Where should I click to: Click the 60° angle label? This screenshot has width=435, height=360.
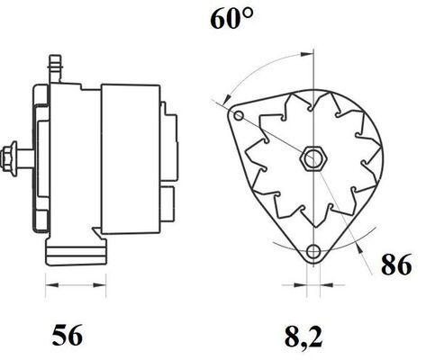click(231, 19)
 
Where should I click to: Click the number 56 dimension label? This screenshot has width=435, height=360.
click(68, 335)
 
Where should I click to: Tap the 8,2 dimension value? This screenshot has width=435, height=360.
click(304, 337)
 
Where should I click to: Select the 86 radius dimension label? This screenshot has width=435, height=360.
click(396, 265)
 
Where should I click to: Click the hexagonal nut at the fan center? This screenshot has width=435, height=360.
click(313, 158)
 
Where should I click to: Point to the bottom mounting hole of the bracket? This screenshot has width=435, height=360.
click(313, 251)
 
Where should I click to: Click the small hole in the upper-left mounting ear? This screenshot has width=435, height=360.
click(239, 115)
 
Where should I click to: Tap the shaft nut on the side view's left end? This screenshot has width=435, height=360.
click(9, 159)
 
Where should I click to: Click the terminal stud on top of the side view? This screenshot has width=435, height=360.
click(55, 69)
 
